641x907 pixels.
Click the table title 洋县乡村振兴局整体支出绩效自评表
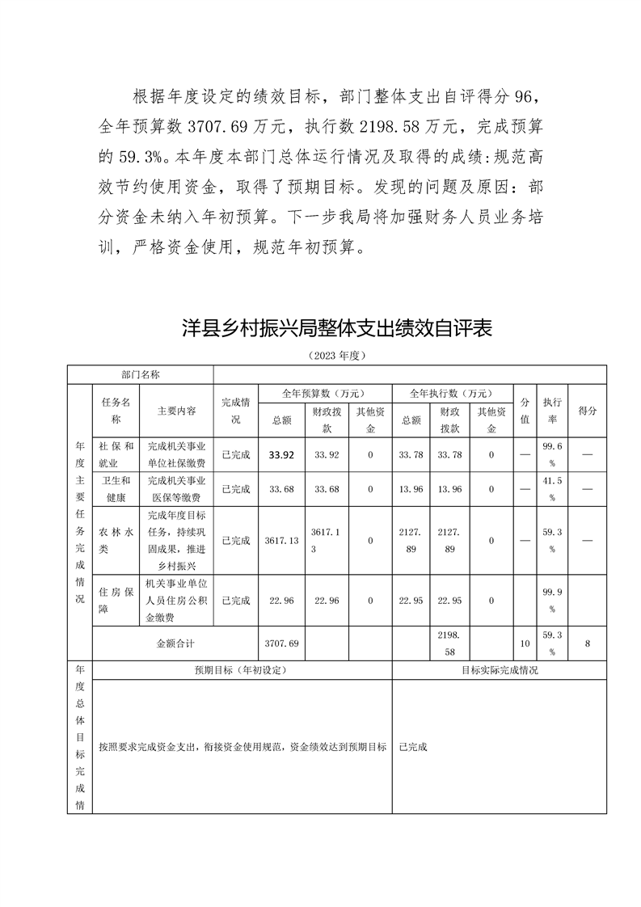[x=336, y=328]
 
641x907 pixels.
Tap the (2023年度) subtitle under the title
[x=336, y=356]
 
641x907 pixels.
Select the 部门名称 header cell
[x=141, y=374]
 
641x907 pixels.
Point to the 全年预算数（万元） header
[x=323, y=394]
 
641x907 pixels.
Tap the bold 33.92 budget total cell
[x=281, y=455]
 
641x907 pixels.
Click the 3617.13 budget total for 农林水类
[x=281, y=540]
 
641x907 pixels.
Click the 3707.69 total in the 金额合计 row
[x=281, y=643]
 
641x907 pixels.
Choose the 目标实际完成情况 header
[x=499, y=670]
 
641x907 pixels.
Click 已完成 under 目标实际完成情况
[x=412, y=747]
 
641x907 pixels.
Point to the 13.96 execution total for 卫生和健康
[x=411, y=489]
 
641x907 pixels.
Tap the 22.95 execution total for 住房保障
[x=411, y=601]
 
